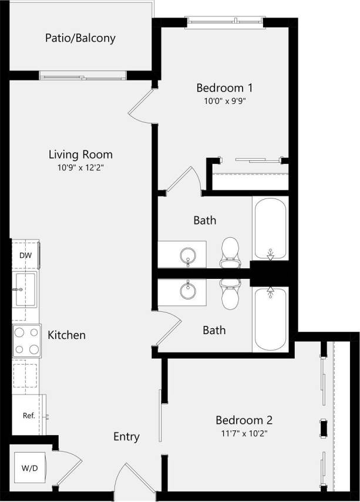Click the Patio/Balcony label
[x=80, y=39]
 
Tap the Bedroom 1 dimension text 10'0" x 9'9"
[x=224, y=100]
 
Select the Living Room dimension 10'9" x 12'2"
[x=80, y=167]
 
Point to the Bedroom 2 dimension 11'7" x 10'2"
[x=243, y=433]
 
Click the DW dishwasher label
[x=25, y=255]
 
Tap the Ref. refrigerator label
[x=29, y=415]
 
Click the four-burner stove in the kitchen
[x=26, y=341]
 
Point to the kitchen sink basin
[x=25, y=289]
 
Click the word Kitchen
[x=66, y=335]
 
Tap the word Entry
[x=126, y=437]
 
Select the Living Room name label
[x=80, y=155]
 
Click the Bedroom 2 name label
[x=243, y=420]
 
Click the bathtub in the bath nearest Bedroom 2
[x=270, y=318]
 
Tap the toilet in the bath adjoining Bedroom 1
[x=230, y=250]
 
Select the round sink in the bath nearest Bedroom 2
[x=189, y=289]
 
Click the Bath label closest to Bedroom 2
[x=214, y=331]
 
